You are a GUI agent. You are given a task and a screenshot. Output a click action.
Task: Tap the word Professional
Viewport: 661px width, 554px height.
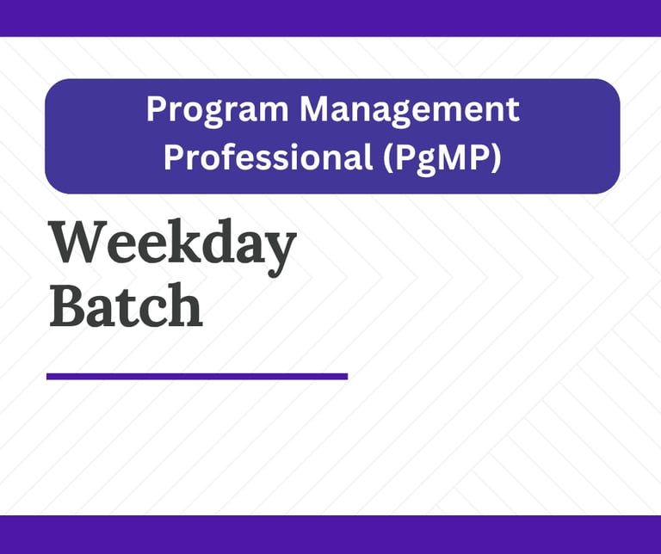coord(269,159)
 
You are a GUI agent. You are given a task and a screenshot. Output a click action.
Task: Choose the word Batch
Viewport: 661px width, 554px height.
coord(126,305)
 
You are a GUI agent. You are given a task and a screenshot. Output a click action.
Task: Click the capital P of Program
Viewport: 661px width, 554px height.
coord(156,108)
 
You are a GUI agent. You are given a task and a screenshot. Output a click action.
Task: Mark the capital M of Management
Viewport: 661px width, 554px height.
coord(314,108)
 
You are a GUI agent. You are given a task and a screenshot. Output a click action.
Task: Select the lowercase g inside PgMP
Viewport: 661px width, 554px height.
coord(425,163)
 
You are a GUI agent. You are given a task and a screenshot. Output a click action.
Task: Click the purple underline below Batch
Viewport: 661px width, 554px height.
coord(197,376)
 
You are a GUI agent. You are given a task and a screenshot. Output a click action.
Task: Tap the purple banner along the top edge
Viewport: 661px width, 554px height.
coord(330,18)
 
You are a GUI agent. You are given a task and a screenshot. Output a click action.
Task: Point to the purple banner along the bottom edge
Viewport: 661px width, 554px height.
coord(330,534)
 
